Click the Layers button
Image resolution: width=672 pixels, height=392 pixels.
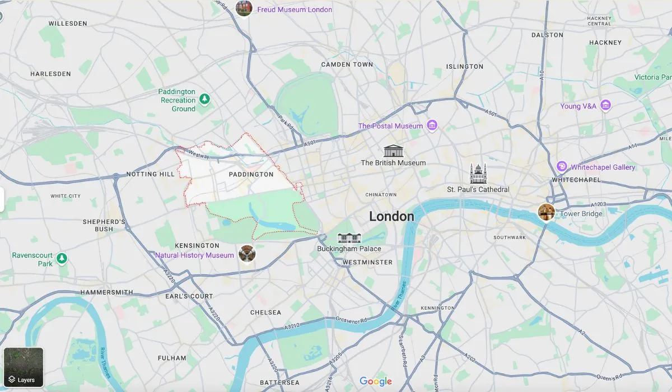pyautogui.click(x=24, y=367)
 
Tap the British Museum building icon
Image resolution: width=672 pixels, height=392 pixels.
pyautogui.click(x=393, y=151)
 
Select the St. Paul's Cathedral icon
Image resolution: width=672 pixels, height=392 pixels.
pyautogui.click(x=478, y=174)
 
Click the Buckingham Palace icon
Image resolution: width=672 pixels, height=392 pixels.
pyautogui.click(x=349, y=237)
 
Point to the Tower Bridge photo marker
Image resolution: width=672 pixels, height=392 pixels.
pyautogui.click(x=546, y=212)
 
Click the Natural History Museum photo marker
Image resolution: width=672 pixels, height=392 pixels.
pyautogui.click(x=246, y=253)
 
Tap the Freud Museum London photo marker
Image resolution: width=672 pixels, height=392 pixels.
pyautogui.click(x=244, y=8)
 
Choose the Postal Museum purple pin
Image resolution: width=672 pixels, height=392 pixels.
pyautogui.click(x=432, y=125)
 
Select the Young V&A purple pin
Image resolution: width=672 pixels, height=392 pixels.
pyautogui.click(x=605, y=105)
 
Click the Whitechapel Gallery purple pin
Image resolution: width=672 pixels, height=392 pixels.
pyautogui.click(x=562, y=166)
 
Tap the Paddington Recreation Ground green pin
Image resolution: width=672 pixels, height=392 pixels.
pyautogui.click(x=205, y=99)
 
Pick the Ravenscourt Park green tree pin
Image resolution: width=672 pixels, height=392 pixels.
pyautogui.click(x=62, y=259)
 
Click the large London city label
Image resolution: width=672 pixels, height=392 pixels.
pyautogui.click(x=391, y=216)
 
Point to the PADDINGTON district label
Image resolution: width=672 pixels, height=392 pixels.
pyautogui.click(x=251, y=174)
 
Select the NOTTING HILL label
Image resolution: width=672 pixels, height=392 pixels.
pyautogui.click(x=150, y=174)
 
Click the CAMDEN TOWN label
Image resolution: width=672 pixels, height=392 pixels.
pyautogui.click(x=347, y=64)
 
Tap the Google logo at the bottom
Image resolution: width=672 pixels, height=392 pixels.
pyautogui.click(x=376, y=381)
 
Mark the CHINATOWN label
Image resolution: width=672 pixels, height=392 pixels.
pyautogui.click(x=381, y=194)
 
